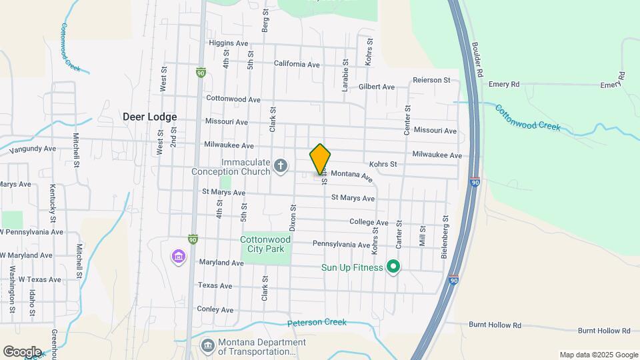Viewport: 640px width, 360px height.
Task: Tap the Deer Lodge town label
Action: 149,116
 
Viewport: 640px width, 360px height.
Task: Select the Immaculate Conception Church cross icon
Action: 281,166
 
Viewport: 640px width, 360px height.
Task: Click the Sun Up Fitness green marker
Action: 393,267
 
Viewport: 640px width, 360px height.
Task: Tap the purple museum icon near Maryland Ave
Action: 178,257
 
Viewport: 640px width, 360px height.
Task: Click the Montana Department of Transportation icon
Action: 208,345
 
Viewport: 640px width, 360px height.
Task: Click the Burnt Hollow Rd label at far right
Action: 604,330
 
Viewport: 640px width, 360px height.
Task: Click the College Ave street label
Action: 368,222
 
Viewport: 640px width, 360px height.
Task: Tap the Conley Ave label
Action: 215,309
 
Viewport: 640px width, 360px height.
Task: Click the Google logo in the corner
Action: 22,351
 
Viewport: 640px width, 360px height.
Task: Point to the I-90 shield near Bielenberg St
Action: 453,282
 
